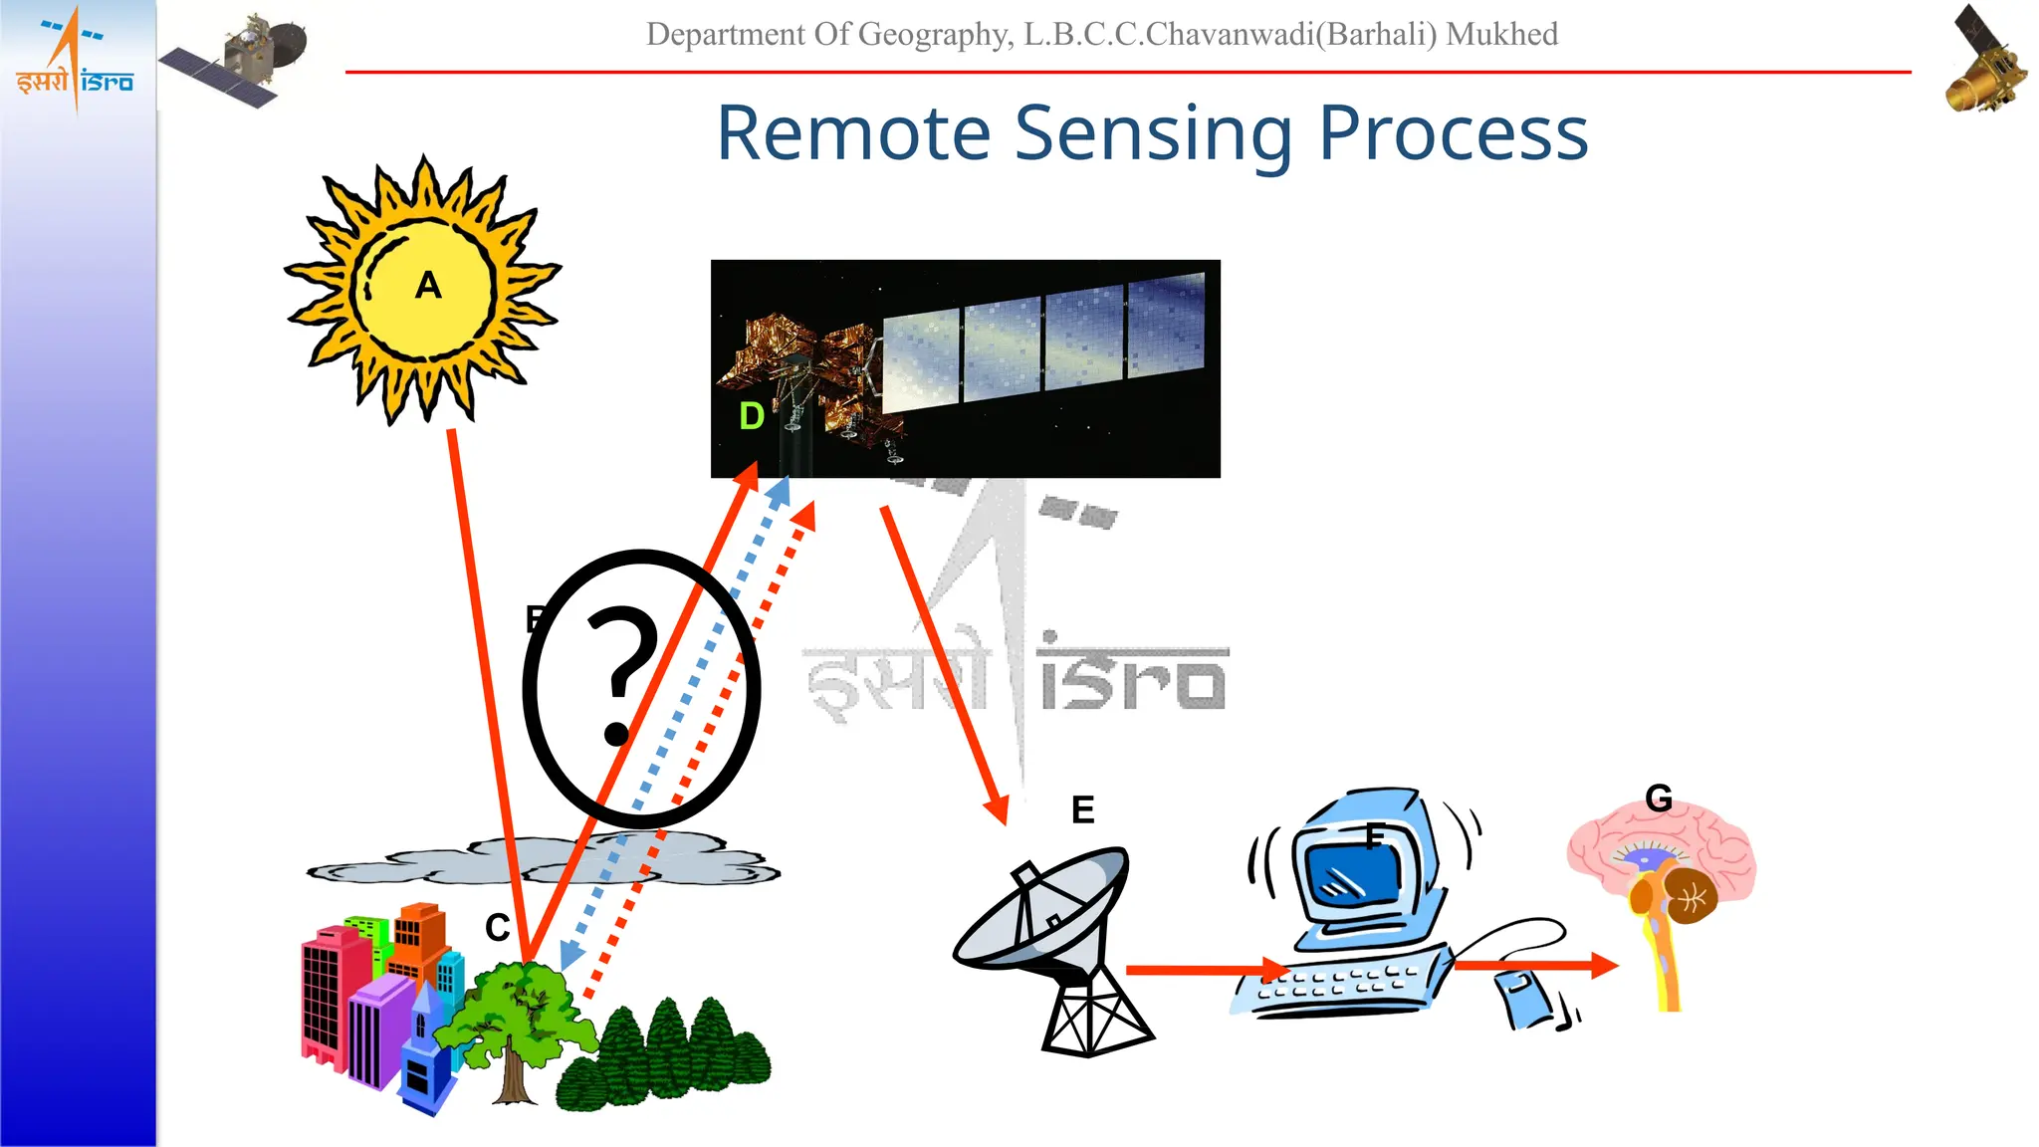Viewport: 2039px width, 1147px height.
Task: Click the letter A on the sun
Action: pyautogui.click(x=428, y=286)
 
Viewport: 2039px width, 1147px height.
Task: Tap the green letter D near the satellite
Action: pyautogui.click(x=752, y=416)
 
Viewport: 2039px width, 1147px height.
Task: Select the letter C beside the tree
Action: pyautogui.click(x=497, y=928)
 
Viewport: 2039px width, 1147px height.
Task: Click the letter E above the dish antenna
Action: pyautogui.click(x=1082, y=809)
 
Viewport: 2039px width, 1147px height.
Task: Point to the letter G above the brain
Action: pyautogui.click(x=1659, y=798)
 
